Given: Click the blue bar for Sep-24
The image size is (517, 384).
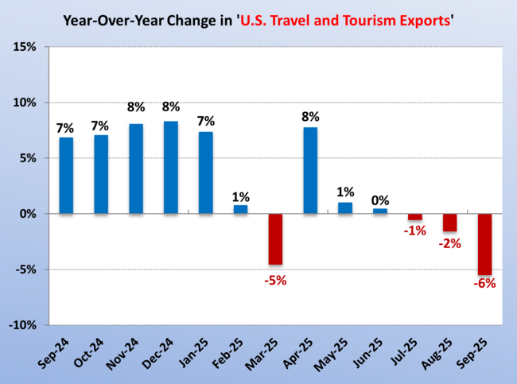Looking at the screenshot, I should (67, 176).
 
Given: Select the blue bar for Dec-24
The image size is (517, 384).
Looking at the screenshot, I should (171, 168).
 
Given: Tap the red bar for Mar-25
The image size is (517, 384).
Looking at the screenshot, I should (275, 239).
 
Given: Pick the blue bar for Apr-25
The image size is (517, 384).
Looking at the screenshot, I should (310, 171).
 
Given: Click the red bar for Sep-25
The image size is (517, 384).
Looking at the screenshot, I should (484, 244).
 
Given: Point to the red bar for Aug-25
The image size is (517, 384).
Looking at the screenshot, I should (449, 223).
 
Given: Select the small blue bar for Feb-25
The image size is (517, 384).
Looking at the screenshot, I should (240, 210).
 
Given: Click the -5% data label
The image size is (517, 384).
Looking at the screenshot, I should (275, 280).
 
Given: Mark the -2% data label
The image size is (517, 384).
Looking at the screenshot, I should (449, 243).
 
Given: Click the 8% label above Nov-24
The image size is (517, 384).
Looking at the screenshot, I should (136, 107).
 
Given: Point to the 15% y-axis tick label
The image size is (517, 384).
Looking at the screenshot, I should (24, 48).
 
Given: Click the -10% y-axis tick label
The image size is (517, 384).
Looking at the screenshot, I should (21, 326).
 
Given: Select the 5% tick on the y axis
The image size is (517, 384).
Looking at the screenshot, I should (27, 159).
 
